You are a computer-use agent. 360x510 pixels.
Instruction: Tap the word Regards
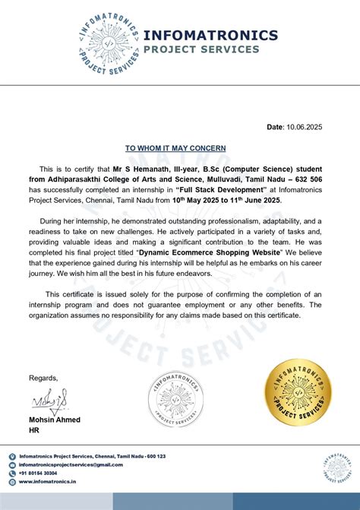click(43, 378)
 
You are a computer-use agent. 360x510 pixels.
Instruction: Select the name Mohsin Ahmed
click(54, 420)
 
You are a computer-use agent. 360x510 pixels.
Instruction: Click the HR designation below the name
click(34, 430)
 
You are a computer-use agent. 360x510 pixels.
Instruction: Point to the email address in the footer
click(71, 464)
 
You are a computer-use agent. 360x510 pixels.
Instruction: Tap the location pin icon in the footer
click(12, 457)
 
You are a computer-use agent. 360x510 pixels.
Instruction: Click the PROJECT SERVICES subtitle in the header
click(201, 50)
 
